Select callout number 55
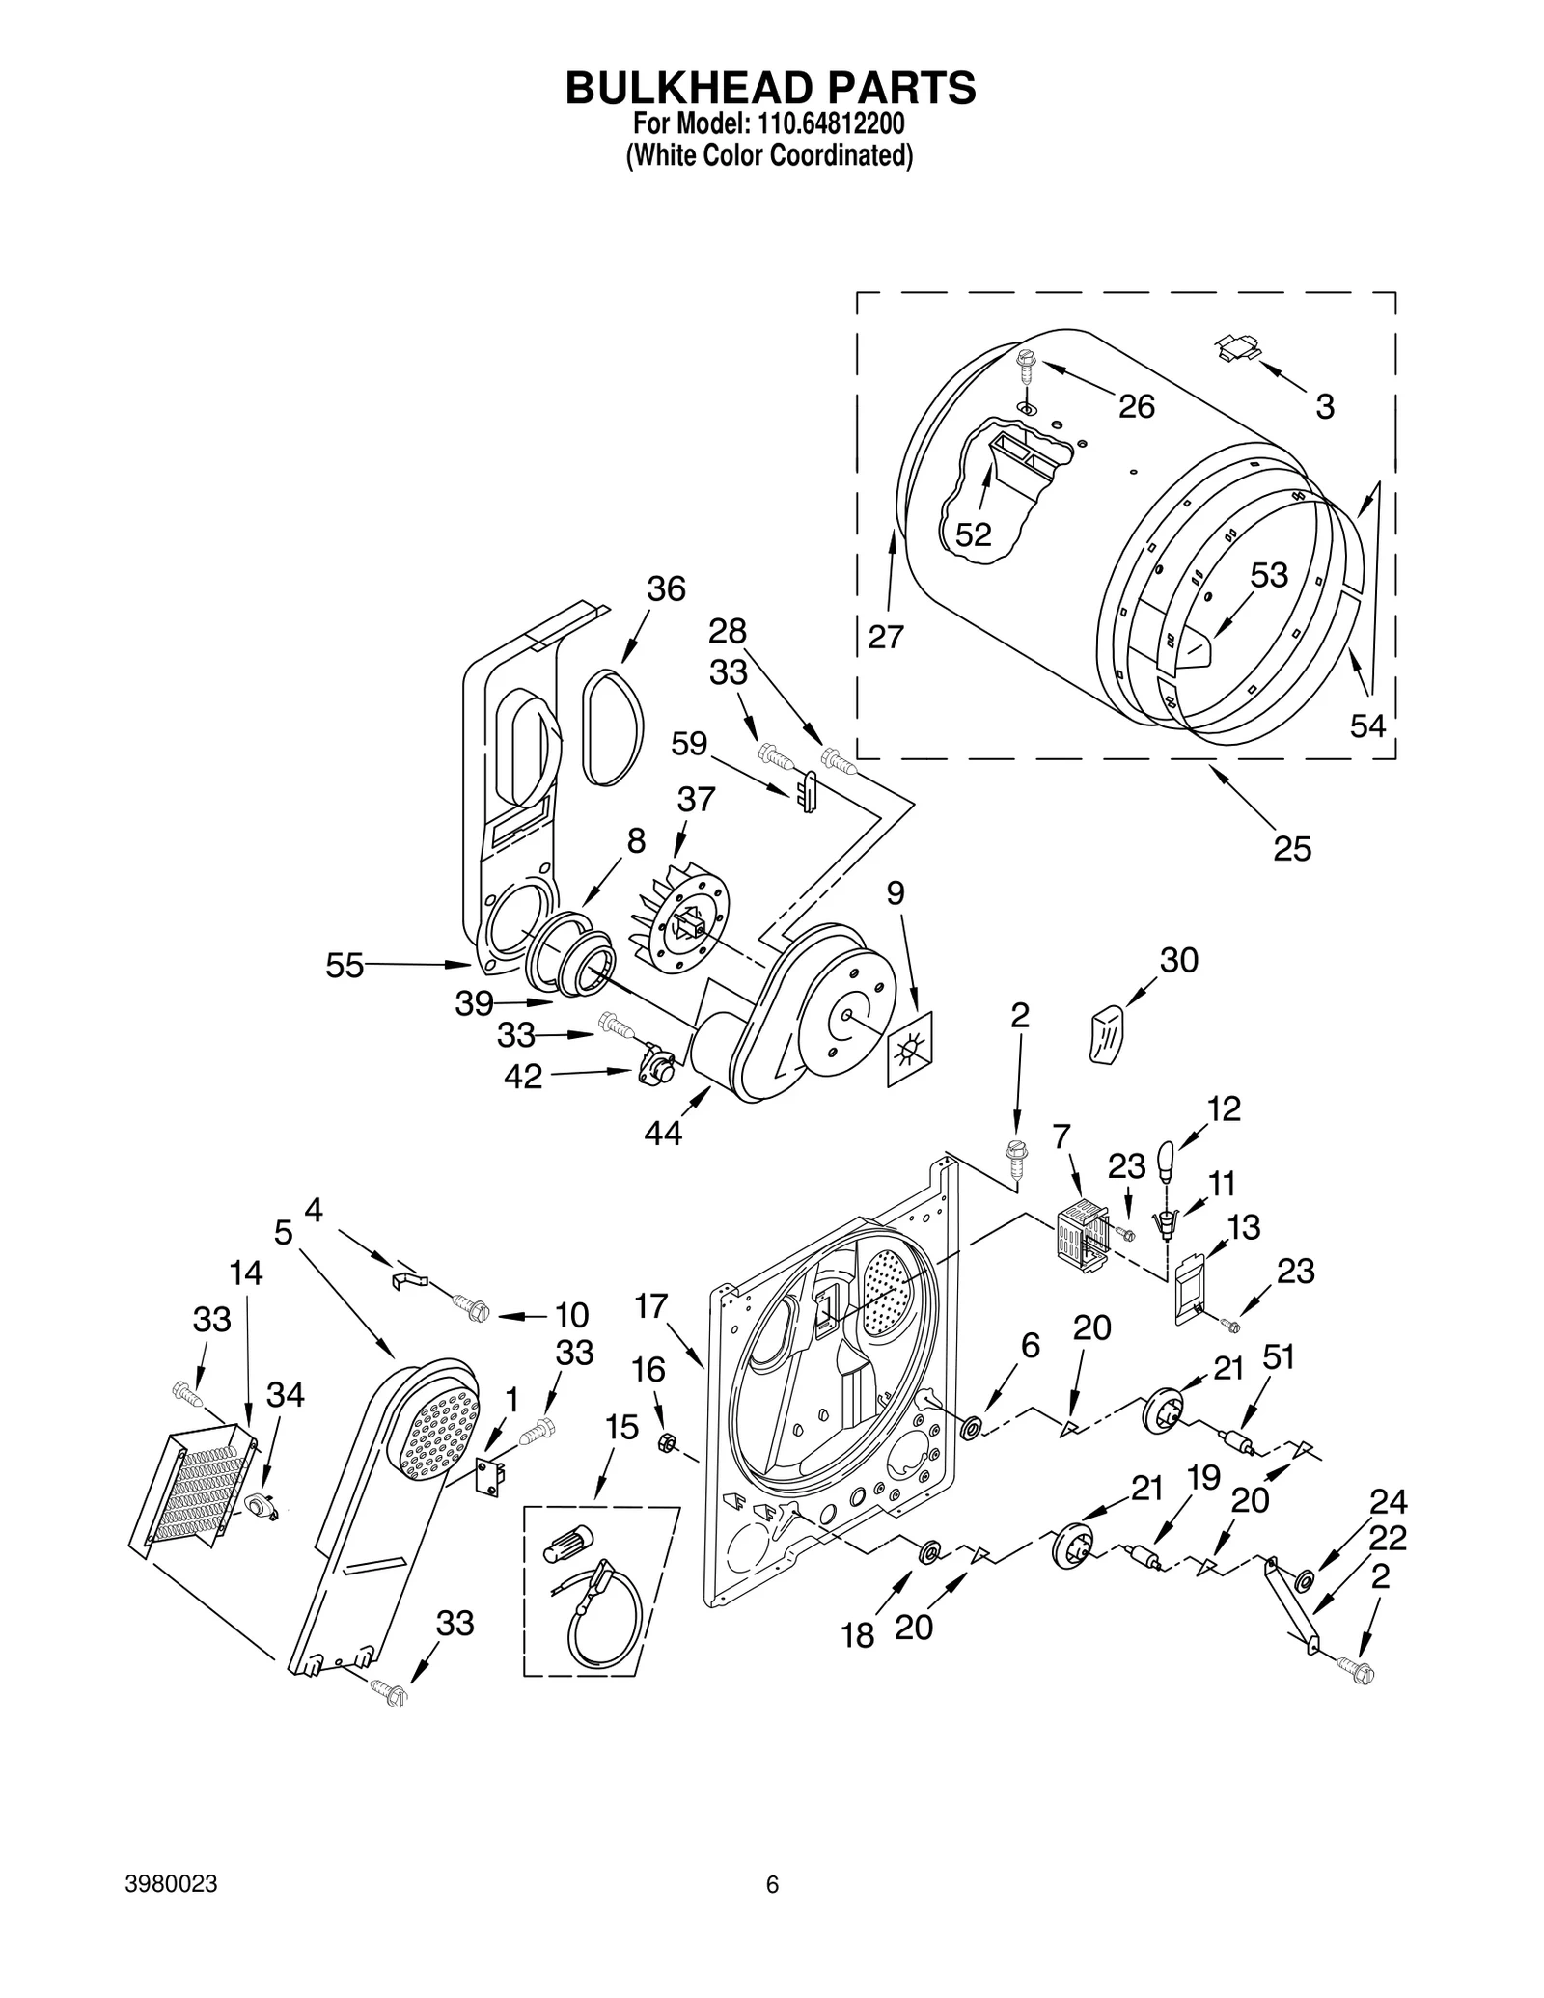tap(345, 965)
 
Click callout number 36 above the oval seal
tap(666, 588)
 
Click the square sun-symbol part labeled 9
tap(910, 1050)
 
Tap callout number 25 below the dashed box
tap(1292, 848)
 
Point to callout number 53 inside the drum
tap(1269, 575)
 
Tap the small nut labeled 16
tap(665, 1442)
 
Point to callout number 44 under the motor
tap(663, 1133)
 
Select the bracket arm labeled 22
tap(1290, 1595)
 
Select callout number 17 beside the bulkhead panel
tap(651, 1306)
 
